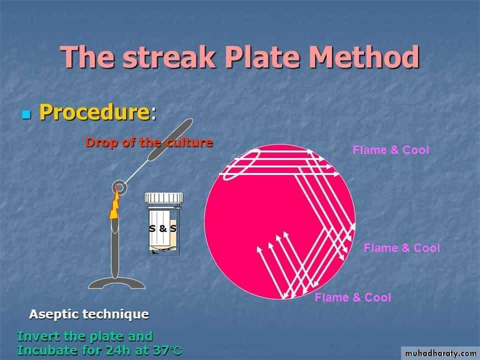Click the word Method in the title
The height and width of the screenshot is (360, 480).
pyautogui.click(x=364, y=57)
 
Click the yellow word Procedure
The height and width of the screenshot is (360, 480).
pyautogui.click(x=94, y=111)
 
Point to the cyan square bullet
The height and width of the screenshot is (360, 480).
pyautogui.click(x=26, y=114)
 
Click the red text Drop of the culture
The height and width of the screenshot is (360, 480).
pyautogui.click(x=149, y=142)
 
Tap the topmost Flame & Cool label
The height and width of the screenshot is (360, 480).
pyautogui.click(x=390, y=149)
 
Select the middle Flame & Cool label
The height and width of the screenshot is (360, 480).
pyautogui.click(x=401, y=247)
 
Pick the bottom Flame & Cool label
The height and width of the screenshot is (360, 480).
pyautogui.click(x=353, y=297)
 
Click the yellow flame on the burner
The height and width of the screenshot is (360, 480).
pyautogui.click(x=115, y=205)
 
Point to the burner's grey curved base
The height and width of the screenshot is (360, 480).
pyautogui.click(x=117, y=283)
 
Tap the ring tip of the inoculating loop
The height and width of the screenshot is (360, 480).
pyautogui.click(x=119, y=186)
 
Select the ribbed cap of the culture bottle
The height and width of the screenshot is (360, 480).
pyautogui.click(x=164, y=198)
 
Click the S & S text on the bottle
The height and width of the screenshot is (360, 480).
pyautogui.click(x=163, y=228)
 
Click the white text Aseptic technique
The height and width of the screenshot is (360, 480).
pyautogui.click(x=89, y=314)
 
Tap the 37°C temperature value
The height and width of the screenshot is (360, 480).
pyautogui.click(x=167, y=350)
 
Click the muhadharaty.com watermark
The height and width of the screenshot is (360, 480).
pyautogui.click(x=440, y=353)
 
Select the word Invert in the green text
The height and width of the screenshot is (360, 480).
pyautogui.click(x=38, y=336)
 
